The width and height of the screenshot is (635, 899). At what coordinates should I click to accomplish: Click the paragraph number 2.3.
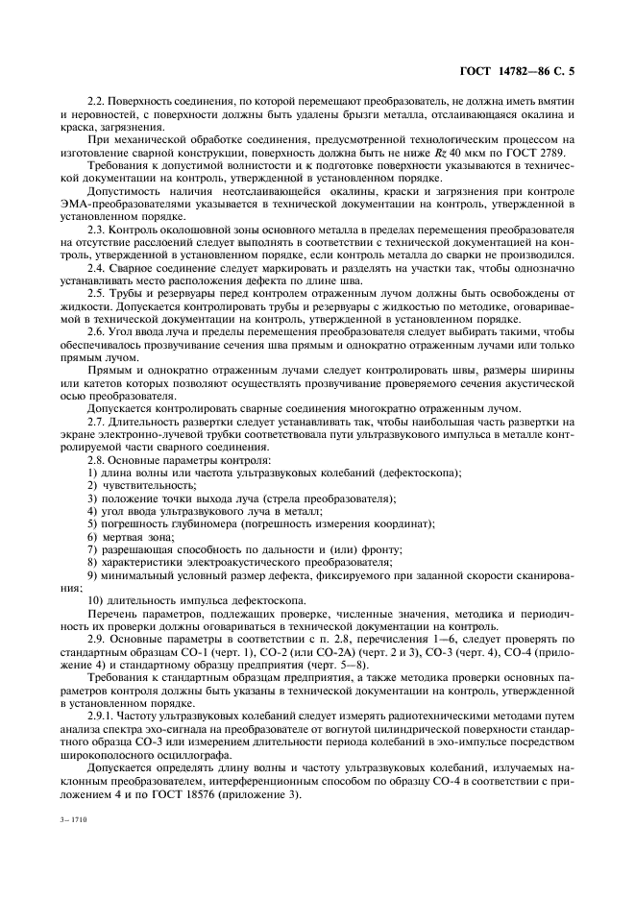97,231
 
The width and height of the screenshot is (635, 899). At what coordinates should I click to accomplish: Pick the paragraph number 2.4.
97,270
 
